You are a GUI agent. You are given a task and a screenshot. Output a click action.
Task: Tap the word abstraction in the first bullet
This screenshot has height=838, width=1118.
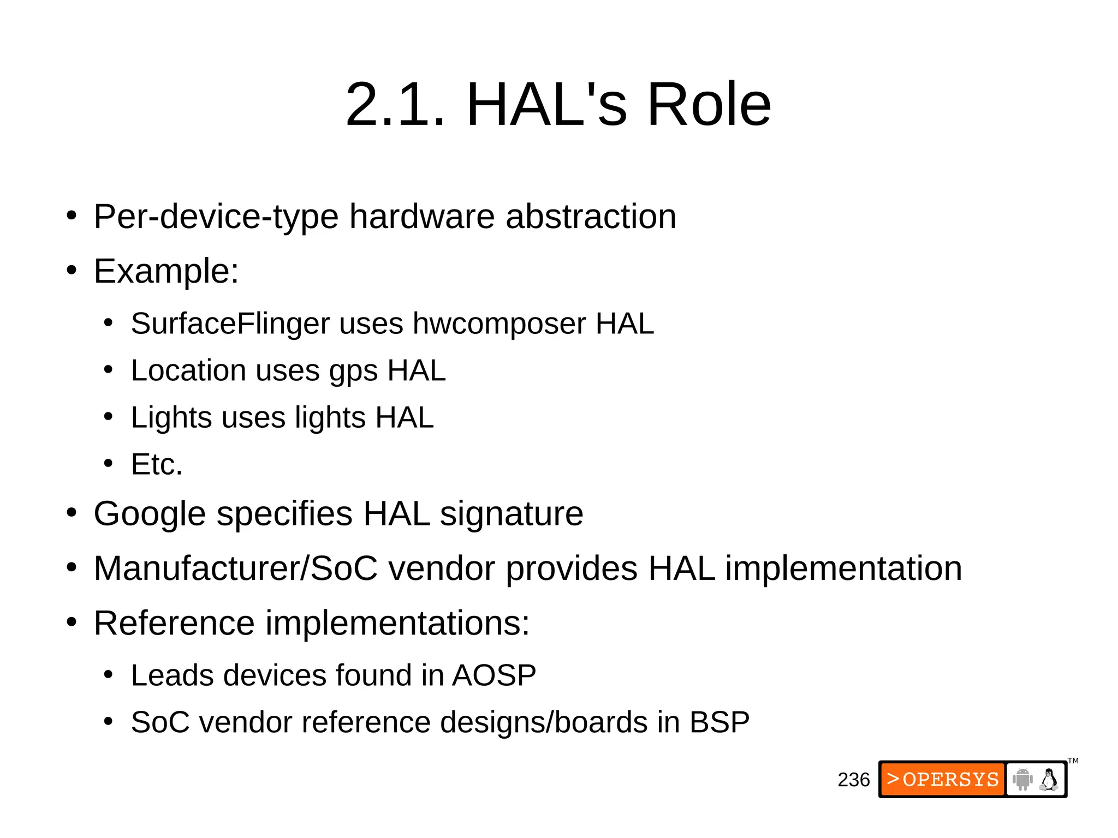coord(591,217)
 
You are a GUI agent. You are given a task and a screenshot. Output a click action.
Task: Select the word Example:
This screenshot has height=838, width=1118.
coord(166,271)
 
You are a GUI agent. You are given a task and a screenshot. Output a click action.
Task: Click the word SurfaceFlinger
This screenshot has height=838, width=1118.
coord(230,324)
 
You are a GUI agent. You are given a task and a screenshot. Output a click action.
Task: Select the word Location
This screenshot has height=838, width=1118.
coord(188,371)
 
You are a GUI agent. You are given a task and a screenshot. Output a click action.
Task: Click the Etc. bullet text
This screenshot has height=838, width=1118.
coord(157,465)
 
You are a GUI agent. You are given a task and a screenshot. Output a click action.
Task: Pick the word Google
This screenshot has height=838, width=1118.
coord(150,514)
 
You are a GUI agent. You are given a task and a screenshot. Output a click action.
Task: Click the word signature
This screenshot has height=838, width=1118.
coord(512,514)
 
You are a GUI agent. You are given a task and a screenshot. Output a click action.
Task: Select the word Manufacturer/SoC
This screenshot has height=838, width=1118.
coord(235,568)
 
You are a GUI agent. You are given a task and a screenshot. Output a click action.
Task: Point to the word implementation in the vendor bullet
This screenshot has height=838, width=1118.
coord(843,569)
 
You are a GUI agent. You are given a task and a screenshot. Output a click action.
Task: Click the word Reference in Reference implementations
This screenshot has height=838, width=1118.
coord(174,623)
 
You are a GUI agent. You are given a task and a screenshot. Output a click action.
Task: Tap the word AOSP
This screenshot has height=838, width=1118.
coord(494,675)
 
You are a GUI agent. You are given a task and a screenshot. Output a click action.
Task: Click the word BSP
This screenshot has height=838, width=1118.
coord(719,722)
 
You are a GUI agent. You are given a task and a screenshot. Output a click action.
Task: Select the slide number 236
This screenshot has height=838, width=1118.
coord(854,780)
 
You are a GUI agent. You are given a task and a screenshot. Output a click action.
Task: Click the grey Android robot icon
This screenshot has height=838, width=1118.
coord(1022,779)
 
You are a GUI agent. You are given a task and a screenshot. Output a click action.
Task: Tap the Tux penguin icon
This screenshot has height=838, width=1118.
coord(1049,780)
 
